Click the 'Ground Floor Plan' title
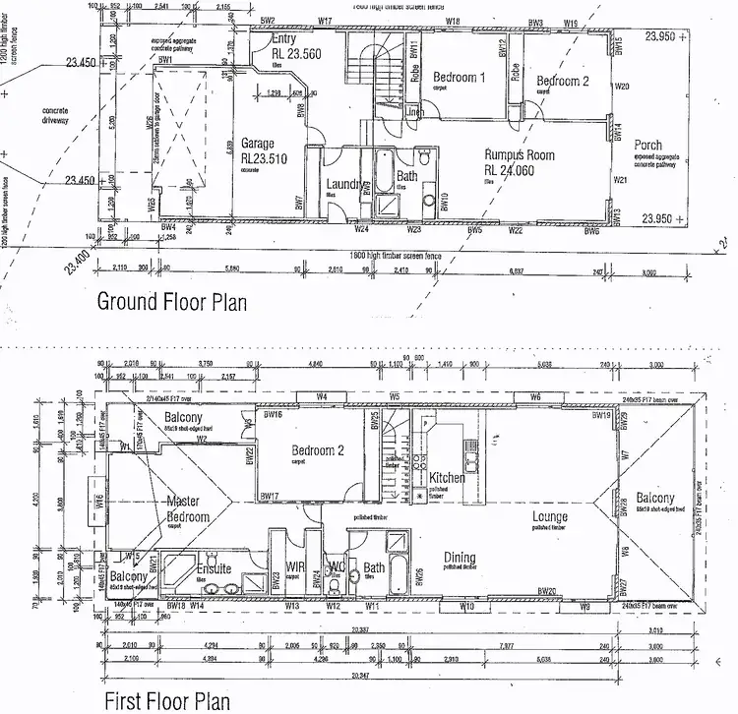pyautogui.click(x=170, y=300)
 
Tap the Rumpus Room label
pyautogui.click(x=520, y=155)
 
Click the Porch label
pyautogui.click(x=648, y=146)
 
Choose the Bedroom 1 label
pyautogui.click(x=461, y=78)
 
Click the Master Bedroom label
pyautogui.click(x=188, y=508)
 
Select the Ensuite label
pyautogui.click(x=214, y=568)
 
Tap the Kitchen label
pyautogui.click(x=448, y=478)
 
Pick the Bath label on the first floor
pyautogui.click(x=374, y=567)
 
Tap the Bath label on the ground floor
pyautogui.click(x=407, y=177)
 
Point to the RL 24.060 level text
pyautogui.click(x=521, y=168)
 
